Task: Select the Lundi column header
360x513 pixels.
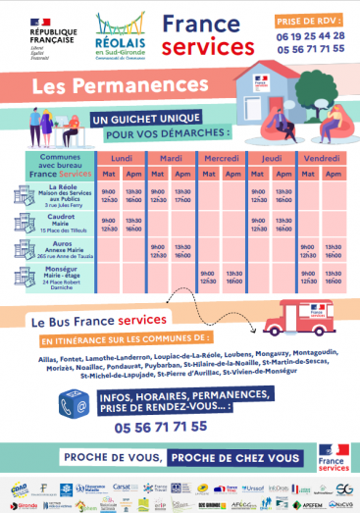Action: click(121, 157)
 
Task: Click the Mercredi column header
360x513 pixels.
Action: click(223, 157)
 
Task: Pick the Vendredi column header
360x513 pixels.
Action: click(323, 157)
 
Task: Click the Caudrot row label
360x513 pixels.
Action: click(61, 224)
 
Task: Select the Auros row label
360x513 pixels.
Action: click(61, 250)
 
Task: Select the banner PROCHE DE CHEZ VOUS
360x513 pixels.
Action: click(234, 458)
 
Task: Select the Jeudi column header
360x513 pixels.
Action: click(273, 157)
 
